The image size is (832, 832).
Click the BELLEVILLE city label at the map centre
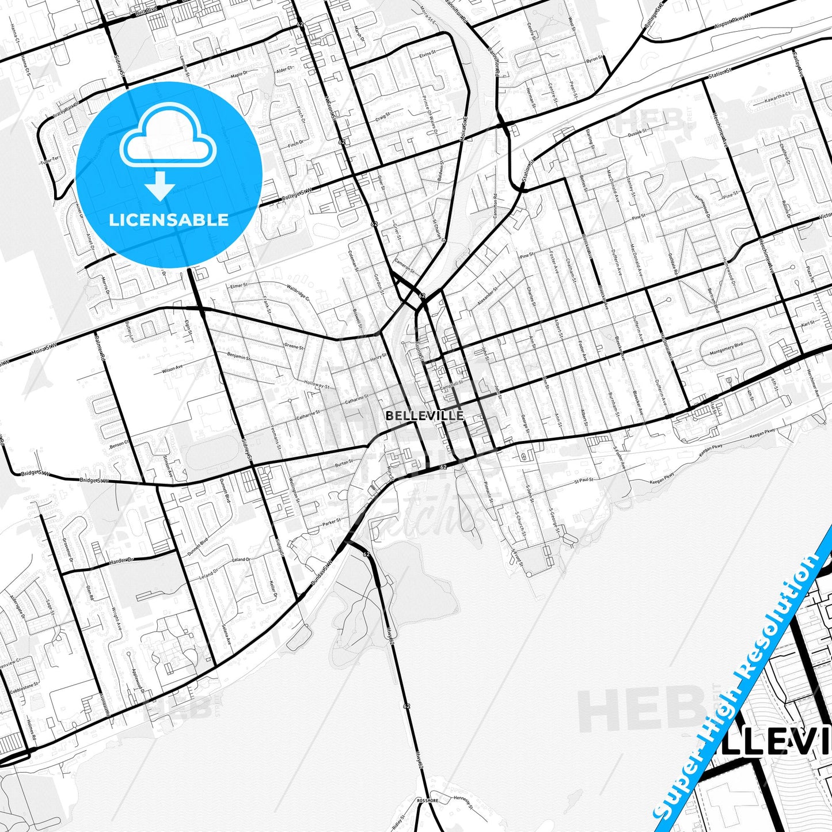click(x=425, y=415)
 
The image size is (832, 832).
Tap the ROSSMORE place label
click(x=428, y=800)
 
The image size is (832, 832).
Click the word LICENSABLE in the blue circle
click(x=169, y=219)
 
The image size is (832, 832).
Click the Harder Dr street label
click(x=121, y=560)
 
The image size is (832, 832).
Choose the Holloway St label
click(x=317, y=385)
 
